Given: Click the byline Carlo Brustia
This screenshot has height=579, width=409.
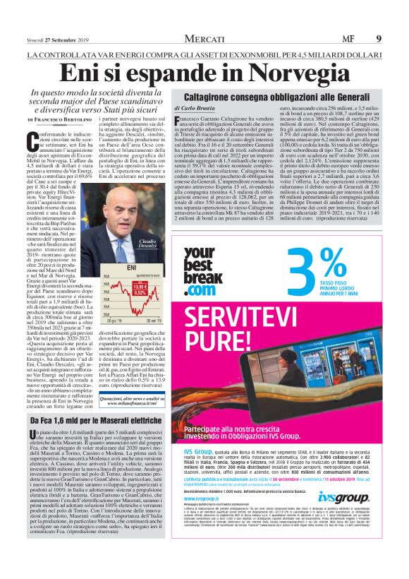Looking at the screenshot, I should (x=194, y=108).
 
